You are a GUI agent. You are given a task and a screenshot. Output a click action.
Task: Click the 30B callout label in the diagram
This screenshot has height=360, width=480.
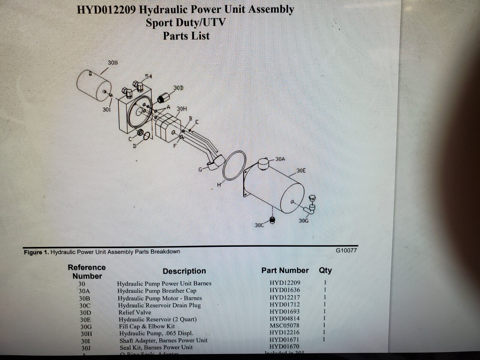(113, 63)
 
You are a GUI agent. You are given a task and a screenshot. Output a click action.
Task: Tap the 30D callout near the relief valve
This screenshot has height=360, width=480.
(178, 88)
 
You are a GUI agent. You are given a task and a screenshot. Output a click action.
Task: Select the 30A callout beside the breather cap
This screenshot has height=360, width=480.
(280, 159)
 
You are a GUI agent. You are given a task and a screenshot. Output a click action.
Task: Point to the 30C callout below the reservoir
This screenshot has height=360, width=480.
(259, 225)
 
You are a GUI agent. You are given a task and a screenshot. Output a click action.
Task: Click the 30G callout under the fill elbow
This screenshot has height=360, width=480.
(304, 221)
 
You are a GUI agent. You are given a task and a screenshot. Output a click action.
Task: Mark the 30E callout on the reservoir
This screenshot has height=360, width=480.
(301, 171)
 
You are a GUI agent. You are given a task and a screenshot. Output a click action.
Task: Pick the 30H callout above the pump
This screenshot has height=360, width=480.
(181, 109)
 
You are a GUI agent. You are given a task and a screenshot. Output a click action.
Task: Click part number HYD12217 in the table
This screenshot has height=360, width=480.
(284, 298)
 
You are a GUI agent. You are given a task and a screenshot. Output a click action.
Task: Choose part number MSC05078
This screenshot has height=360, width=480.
(284, 325)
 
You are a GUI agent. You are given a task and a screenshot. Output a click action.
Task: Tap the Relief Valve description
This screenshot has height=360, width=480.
(135, 312)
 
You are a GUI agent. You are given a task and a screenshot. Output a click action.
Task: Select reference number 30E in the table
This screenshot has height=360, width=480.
(85, 320)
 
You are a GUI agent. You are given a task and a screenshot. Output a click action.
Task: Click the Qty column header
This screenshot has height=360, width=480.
(325, 270)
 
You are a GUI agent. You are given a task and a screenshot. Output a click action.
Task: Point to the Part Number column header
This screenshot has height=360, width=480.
(285, 270)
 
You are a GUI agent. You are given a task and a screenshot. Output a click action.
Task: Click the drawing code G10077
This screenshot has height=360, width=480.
(346, 250)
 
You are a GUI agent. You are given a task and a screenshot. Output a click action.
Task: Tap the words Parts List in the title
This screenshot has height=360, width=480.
(186, 36)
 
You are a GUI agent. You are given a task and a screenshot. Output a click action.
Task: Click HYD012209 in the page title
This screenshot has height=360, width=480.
(107, 10)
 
